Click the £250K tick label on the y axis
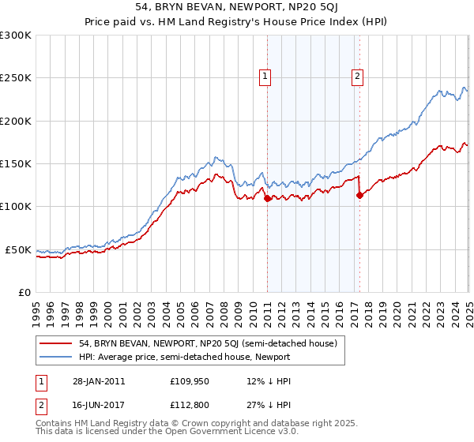(x=16, y=78)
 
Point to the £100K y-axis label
(x=16, y=207)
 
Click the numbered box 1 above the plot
(x=264, y=77)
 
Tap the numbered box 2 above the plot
(x=357, y=77)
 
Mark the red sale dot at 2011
(x=267, y=198)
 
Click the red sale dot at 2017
(x=359, y=196)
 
